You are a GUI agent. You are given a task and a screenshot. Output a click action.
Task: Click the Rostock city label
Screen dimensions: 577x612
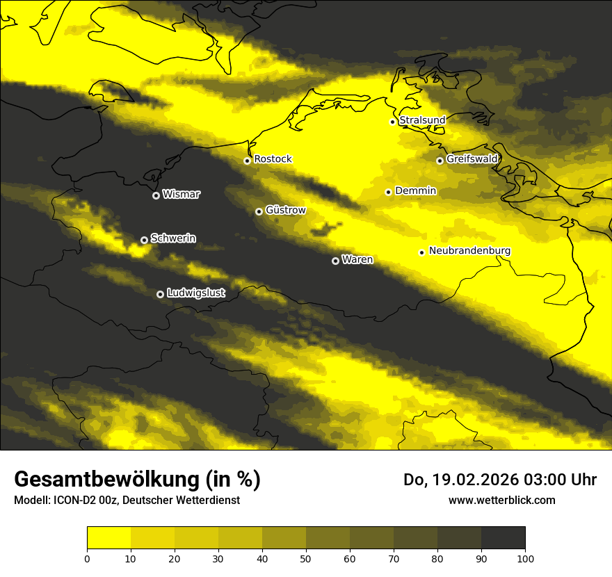click(x=273, y=159)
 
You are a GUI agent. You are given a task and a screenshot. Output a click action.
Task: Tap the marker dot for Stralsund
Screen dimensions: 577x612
click(x=392, y=122)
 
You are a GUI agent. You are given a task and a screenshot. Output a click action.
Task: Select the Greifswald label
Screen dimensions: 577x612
click(x=472, y=159)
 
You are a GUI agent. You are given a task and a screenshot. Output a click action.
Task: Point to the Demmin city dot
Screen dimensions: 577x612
click(x=388, y=192)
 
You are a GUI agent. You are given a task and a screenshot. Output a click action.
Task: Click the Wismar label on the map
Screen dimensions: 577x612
click(x=181, y=195)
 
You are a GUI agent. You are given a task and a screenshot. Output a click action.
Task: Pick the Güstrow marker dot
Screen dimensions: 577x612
click(x=259, y=211)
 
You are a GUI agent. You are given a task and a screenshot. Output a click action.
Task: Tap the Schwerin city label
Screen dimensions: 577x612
click(x=173, y=238)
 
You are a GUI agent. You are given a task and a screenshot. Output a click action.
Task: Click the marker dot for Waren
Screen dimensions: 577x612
click(x=335, y=261)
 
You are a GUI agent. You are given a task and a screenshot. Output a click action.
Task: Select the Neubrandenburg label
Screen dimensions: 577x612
click(x=470, y=251)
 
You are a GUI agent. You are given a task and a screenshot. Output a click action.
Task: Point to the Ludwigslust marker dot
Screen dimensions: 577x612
click(x=160, y=294)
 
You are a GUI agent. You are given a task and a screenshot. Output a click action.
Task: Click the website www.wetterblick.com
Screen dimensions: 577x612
click(x=502, y=500)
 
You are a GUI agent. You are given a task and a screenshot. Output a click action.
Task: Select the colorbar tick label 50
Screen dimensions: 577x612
click(x=306, y=558)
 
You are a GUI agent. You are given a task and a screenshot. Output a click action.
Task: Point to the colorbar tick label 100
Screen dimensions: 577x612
click(x=525, y=558)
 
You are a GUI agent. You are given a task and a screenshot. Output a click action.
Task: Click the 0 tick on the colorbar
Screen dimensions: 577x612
click(x=87, y=558)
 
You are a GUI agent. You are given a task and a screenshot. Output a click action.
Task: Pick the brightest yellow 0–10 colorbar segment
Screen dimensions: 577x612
click(x=108, y=538)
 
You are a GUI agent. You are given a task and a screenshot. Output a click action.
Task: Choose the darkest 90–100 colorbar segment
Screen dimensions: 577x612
click(x=503, y=538)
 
